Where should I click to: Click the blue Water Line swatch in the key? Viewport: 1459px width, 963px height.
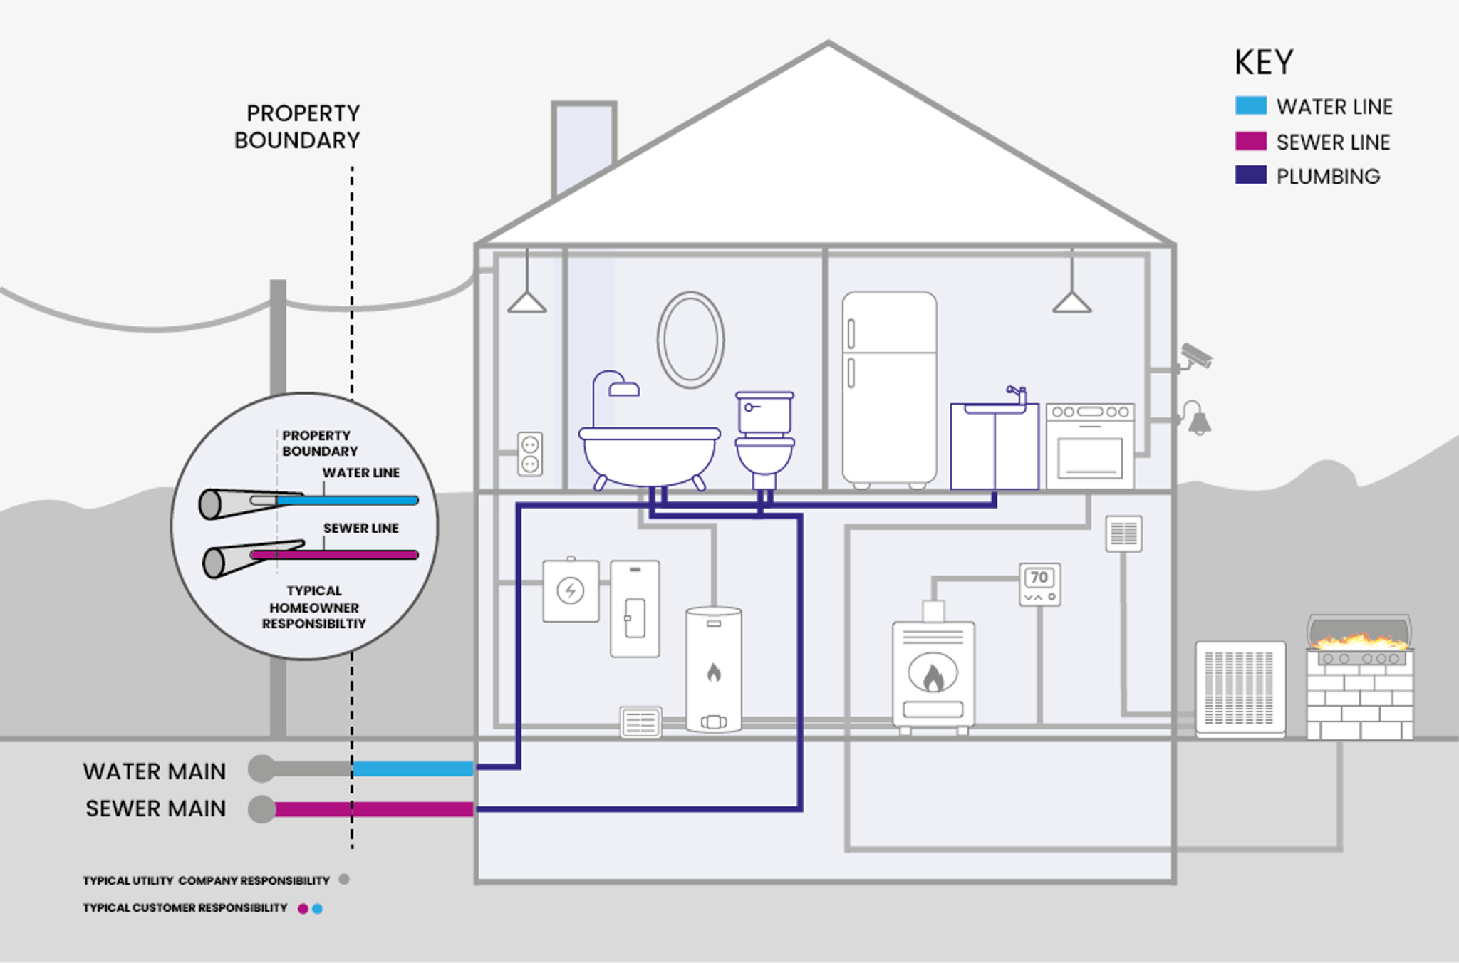(x=1250, y=106)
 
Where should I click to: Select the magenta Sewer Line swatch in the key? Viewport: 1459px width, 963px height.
(x=1250, y=141)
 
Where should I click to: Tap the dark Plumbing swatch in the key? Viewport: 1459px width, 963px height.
(x=1250, y=175)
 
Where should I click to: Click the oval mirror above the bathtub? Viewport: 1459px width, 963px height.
(x=690, y=340)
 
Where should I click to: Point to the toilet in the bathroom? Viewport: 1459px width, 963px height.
(x=764, y=438)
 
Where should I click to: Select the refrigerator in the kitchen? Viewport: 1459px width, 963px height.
(x=889, y=388)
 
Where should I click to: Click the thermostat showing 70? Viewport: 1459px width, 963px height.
(x=1039, y=585)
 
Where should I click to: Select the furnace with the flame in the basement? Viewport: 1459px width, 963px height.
(x=933, y=673)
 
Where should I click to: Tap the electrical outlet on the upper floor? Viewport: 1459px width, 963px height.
(x=530, y=454)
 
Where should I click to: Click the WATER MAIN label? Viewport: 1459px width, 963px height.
(x=155, y=771)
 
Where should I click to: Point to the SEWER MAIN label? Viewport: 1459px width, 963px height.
(x=156, y=808)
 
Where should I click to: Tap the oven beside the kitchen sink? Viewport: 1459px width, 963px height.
(x=1090, y=447)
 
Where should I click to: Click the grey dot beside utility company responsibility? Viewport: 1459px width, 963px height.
(x=344, y=880)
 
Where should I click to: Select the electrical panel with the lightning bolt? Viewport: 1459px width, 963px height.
(x=571, y=590)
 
